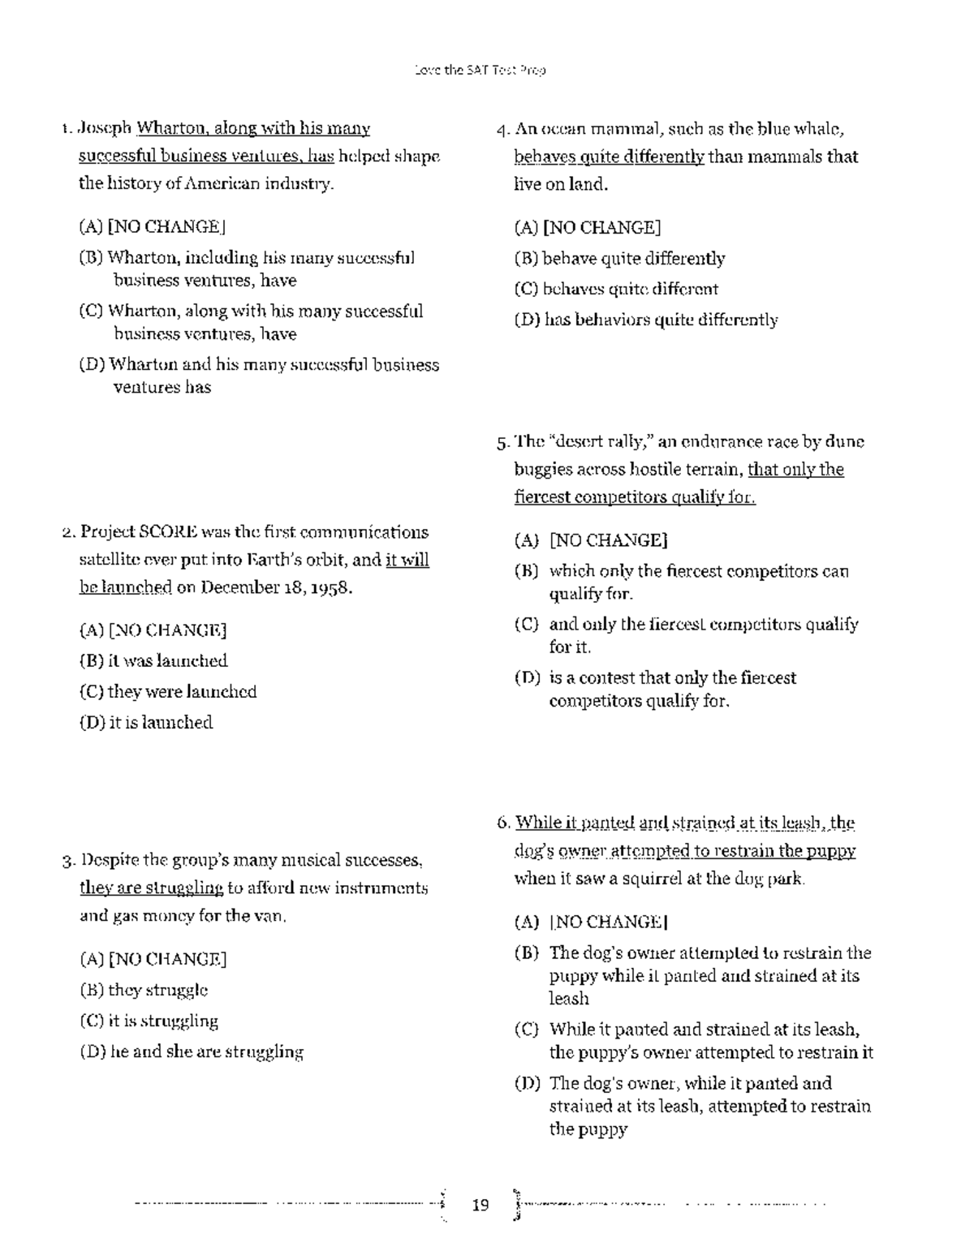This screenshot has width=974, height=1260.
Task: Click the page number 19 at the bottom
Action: pos(481,1205)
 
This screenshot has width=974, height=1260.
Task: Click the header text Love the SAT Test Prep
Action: pos(480,71)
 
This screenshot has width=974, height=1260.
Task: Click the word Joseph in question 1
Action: pos(104,128)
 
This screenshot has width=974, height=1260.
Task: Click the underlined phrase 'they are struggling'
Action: pos(151,888)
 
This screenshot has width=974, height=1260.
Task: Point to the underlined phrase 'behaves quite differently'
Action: pos(609,157)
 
